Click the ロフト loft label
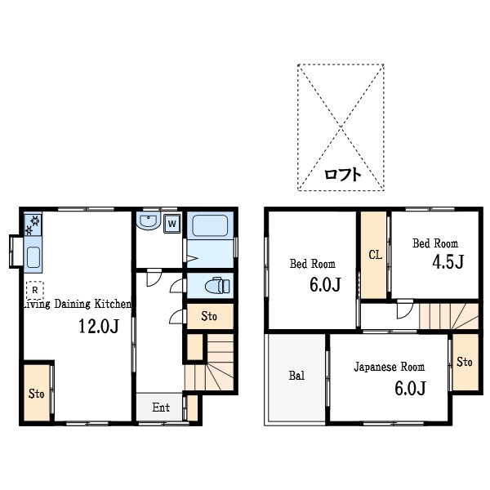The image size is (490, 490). [343, 174]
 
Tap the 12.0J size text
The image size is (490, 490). [99, 326]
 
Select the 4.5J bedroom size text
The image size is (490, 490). [448, 261]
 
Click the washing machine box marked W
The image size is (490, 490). [171, 224]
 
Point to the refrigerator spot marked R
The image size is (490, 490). [34, 290]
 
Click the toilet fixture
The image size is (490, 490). [217, 285]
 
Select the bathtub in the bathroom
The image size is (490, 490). [210, 225]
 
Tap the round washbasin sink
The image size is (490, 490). [149, 221]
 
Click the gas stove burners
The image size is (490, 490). [33, 225]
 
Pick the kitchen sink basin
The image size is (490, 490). [33, 257]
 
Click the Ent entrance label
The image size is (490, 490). [161, 408]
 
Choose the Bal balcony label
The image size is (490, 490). [296, 376]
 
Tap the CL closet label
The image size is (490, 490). [375, 255]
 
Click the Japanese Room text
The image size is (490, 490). [389, 367]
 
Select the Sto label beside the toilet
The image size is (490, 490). [209, 316]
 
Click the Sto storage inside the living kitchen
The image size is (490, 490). [36, 394]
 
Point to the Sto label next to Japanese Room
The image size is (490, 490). [464, 362]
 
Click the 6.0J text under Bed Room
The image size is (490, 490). [325, 284]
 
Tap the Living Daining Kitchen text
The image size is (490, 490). [78, 304]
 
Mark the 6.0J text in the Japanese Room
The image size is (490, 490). [410, 389]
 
